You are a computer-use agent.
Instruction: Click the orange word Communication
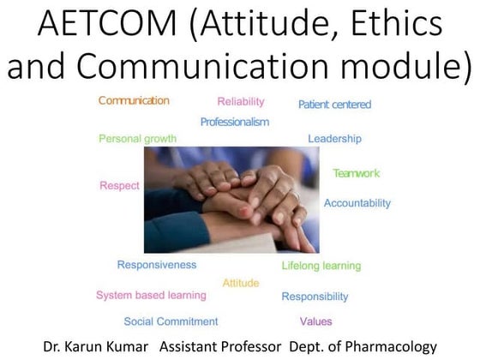click(x=134, y=101)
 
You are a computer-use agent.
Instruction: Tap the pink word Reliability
click(x=241, y=102)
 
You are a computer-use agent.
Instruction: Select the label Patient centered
click(x=334, y=105)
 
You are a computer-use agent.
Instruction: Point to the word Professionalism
click(x=234, y=122)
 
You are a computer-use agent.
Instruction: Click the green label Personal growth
click(x=137, y=139)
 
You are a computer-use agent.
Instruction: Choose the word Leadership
click(x=334, y=139)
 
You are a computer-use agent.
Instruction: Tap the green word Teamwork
click(x=356, y=173)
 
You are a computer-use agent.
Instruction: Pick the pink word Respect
click(x=119, y=185)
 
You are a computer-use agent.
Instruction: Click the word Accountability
click(x=357, y=203)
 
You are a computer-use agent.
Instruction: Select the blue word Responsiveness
click(x=157, y=265)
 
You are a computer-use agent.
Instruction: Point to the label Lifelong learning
click(x=321, y=266)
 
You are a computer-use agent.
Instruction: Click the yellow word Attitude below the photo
click(x=241, y=283)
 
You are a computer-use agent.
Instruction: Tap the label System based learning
click(x=151, y=296)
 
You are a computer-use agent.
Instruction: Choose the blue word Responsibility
click(x=315, y=297)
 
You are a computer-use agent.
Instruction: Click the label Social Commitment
click(x=171, y=321)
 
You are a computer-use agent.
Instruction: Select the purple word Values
click(x=315, y=321)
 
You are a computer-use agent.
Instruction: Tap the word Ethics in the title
click(x=397, y=26)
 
